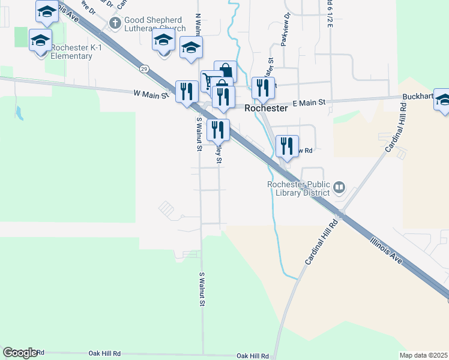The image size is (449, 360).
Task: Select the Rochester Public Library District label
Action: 298,188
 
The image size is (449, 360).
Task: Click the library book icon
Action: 339,188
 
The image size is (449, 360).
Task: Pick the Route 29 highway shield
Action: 144,69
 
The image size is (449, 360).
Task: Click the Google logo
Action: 20,352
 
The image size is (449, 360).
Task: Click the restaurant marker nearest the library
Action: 287,146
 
